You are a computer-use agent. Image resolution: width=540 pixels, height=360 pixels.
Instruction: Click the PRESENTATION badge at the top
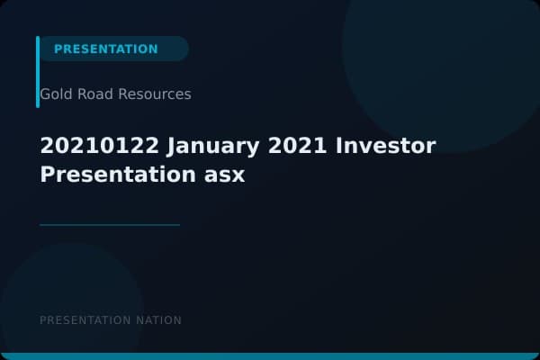[106, 49]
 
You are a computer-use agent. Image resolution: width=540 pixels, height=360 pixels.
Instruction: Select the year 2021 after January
[291, 146]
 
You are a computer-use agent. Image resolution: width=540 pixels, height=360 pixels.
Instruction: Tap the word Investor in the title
[385, 146]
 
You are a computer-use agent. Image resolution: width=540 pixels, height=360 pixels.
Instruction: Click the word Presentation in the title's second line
[112, 175]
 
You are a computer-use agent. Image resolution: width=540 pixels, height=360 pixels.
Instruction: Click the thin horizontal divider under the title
[110, 225]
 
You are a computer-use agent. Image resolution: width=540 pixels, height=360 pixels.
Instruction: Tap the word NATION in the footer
[160, 320]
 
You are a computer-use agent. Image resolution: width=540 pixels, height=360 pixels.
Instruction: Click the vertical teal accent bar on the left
[38, 72]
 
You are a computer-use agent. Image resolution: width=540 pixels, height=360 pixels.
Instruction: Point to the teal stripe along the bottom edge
[270, 356]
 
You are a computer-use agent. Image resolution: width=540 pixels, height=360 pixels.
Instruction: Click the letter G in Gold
[45, 94]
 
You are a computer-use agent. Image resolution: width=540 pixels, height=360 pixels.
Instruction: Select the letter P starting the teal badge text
[58, 49]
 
